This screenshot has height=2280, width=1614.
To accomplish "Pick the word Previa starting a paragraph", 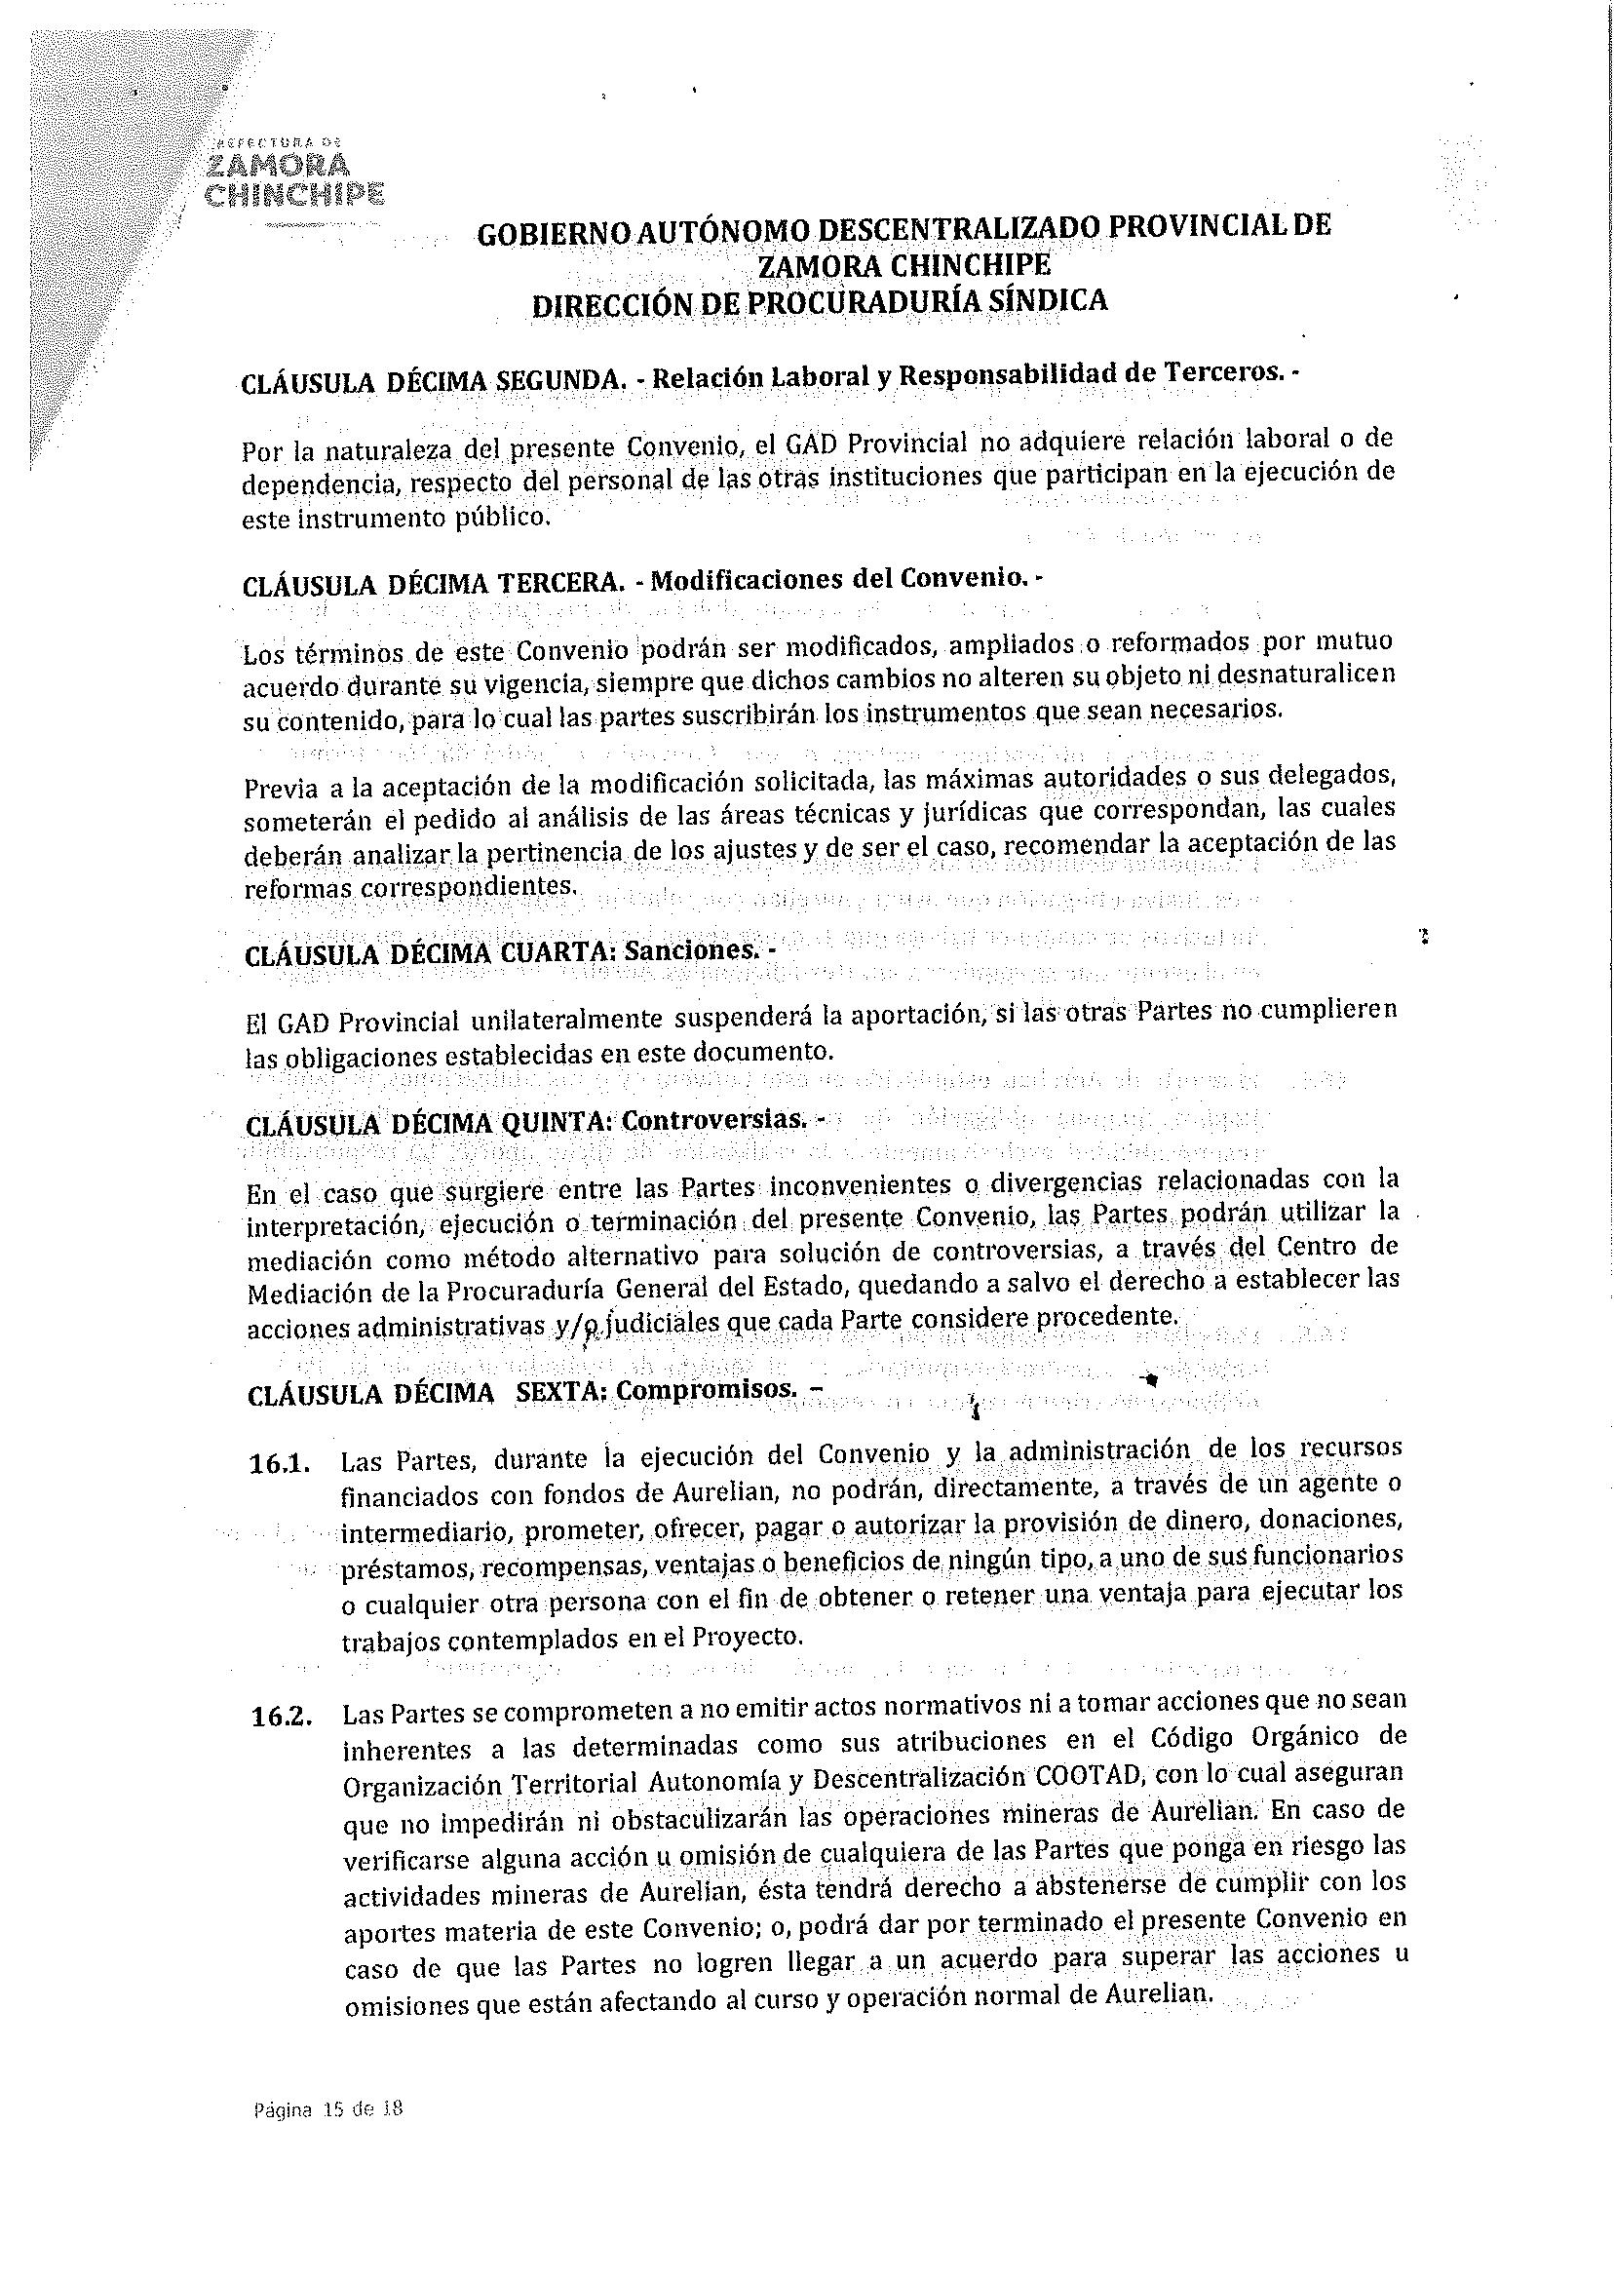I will (281, 790).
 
